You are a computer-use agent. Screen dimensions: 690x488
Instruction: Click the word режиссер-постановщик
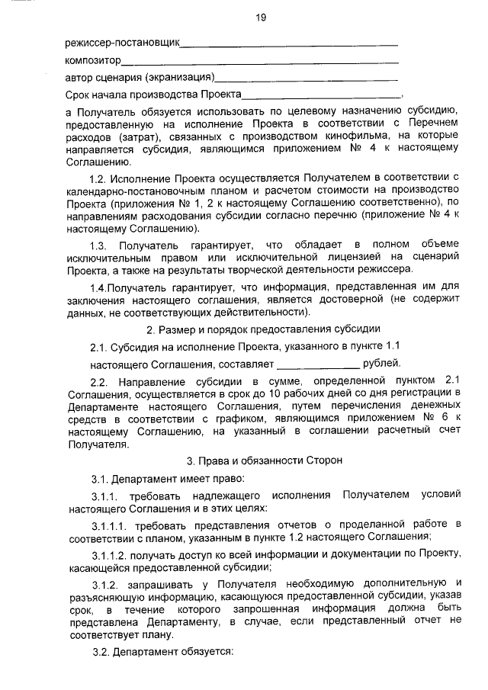click(x=122, y=42)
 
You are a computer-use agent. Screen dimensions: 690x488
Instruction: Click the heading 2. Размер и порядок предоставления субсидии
click(x=262, y=329)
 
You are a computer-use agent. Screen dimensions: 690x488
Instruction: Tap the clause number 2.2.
click(x=100, y=380)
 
